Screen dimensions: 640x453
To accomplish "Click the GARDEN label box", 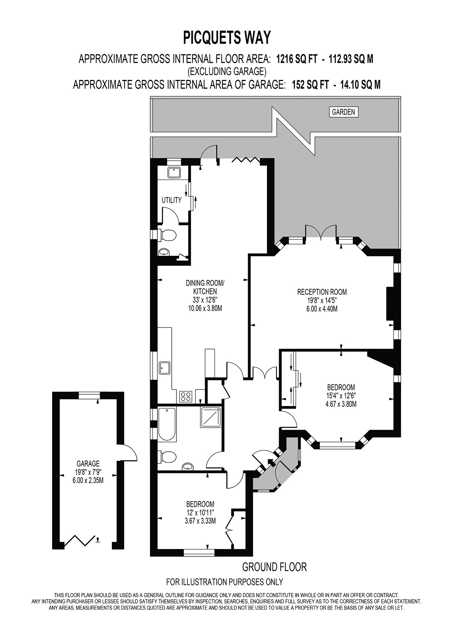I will [343, 112].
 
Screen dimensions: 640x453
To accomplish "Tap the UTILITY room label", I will [171, 200].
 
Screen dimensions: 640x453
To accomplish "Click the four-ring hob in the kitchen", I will [186, 396].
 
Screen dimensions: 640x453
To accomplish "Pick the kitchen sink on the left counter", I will [164, 368].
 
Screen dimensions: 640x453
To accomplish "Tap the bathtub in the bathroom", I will [167, 424].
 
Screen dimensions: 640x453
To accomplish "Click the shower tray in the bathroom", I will [210, 417].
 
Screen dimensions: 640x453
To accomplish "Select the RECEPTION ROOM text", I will [321, 292].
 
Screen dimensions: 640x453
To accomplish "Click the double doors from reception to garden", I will [321, 233].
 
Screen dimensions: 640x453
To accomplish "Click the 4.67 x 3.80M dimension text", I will [340, 404].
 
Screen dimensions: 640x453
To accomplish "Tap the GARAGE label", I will [88, 464].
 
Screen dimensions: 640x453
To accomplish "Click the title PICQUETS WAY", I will [226, 38].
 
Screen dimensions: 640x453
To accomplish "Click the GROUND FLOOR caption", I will [274, 567].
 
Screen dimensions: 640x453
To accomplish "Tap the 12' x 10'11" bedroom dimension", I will [200, 513].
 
